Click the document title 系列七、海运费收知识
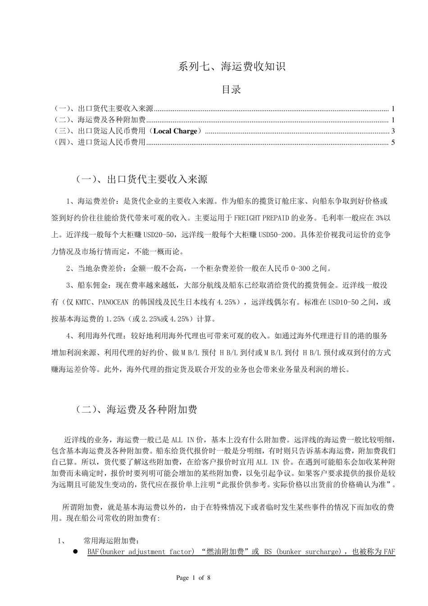(232, 67)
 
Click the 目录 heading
(232, 89)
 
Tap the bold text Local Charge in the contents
(175, 131)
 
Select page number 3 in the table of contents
(393, 131)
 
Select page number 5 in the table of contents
(393, 142)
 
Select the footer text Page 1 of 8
(193, 578)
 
